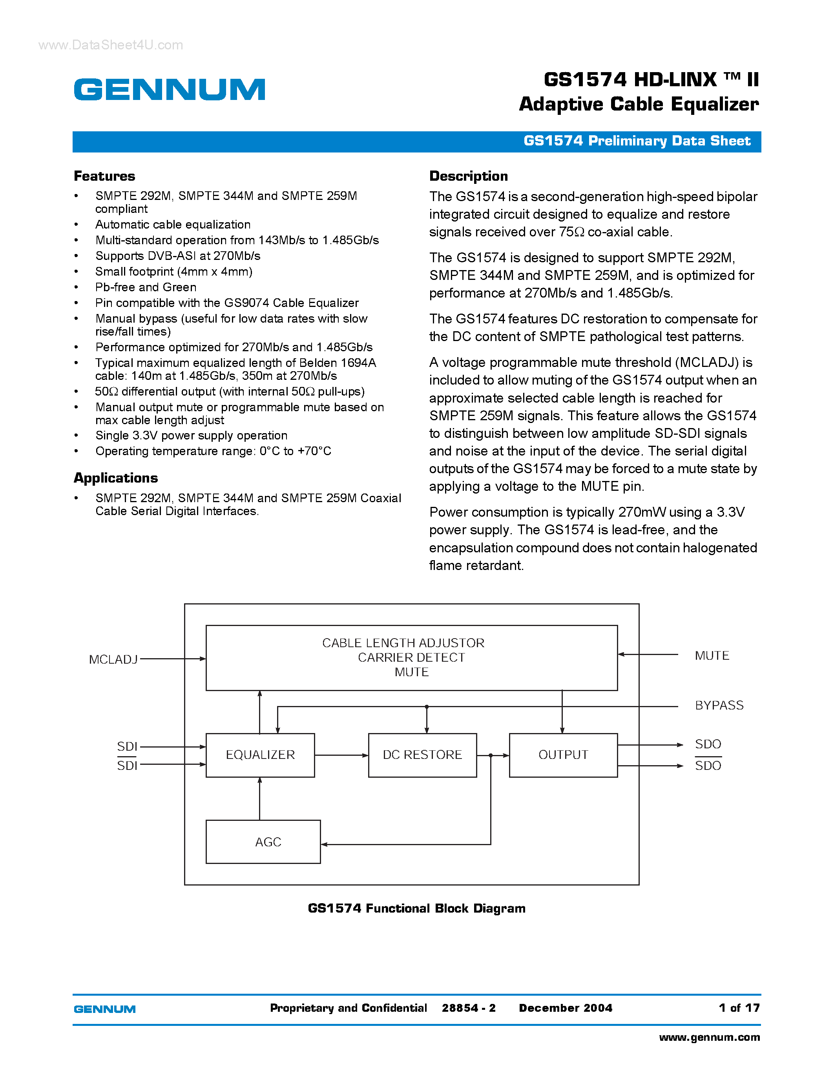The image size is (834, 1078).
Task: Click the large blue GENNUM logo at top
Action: tap(170, 89)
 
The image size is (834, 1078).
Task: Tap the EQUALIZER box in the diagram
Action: tap(260, 755)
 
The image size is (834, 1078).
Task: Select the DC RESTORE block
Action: tap(422, 755)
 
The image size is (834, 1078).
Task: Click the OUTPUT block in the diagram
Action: tap(563, 755)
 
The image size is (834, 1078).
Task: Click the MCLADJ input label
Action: tap(113, 659)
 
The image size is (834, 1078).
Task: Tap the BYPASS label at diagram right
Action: tap(719, 705)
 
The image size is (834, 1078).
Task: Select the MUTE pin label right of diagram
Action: tap(712, 655)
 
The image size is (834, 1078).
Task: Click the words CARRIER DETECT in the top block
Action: tap(411, 657)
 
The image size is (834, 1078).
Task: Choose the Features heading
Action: tap(104, 176)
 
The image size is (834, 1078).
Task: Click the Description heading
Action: tap(468, 176)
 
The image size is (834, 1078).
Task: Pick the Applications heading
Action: tap(116, 478)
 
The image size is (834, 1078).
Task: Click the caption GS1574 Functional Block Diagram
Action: tap(416, 908)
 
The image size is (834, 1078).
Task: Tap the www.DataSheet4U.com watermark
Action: tap(111, 45)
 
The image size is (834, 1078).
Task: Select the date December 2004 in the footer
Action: tap(565, 1008)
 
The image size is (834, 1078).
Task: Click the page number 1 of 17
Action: tap(739, 1008)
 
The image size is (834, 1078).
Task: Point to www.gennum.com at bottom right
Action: tap(710, 1037)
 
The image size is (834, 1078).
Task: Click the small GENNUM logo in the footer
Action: tap(104, 1009)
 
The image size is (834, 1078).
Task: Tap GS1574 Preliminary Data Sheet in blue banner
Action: tap(637, 141)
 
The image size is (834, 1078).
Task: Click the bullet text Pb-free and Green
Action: tap(146, 287)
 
